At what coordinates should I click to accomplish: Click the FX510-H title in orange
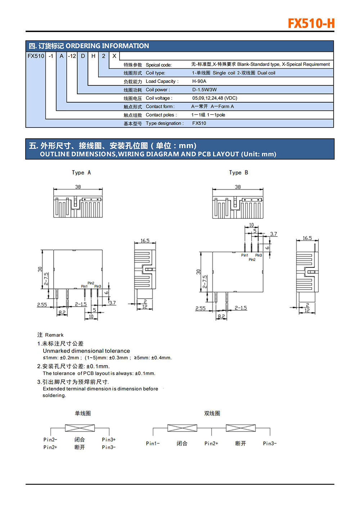pyautogui.click(x=311, y=24)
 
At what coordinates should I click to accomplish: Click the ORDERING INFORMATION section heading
pyautogui.click(x=107, y=46)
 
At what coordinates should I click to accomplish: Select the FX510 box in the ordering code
pyautogui.click(x=36, y=56)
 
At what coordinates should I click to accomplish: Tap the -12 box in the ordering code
pyautogui.click(x=72, y=56)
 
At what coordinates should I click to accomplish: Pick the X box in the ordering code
pyautogui.click(x=114, y=56)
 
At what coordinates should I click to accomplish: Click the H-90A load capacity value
pyautogui.click(x=199, y=81)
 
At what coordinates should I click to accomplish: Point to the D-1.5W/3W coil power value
pyautogui.click(x=204, y=90)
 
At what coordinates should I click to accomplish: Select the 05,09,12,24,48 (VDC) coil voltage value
pyautogui.click(x=215, y=98)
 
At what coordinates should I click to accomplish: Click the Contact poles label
pyautogui.click(x=161, y=115)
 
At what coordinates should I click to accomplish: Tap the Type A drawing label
pyautogui.click(x=81, y=172)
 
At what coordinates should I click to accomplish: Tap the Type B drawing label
pyautogui.click(x=238, y=172)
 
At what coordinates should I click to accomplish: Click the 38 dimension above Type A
pyautogui.click(x=78, y=187)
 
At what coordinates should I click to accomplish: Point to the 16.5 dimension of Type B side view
pyautogui.click(x=307, y=238)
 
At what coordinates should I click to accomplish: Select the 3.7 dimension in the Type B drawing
pyautogui.click(x=274, y=234)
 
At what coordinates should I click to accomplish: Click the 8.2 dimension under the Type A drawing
pyautogui.click(x=62, y=312)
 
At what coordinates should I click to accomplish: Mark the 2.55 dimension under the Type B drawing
pyautogui.click(x=201, y=308)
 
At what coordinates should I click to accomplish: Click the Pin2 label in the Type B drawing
pyautogui.click(x=252, y=260)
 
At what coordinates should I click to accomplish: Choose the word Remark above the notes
pyautogui.click(x=54, y=335)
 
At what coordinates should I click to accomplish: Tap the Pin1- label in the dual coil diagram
pyautogui.click(x=153, y=443)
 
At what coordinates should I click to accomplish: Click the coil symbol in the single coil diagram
pyautogui.click(x=80, y=428)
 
